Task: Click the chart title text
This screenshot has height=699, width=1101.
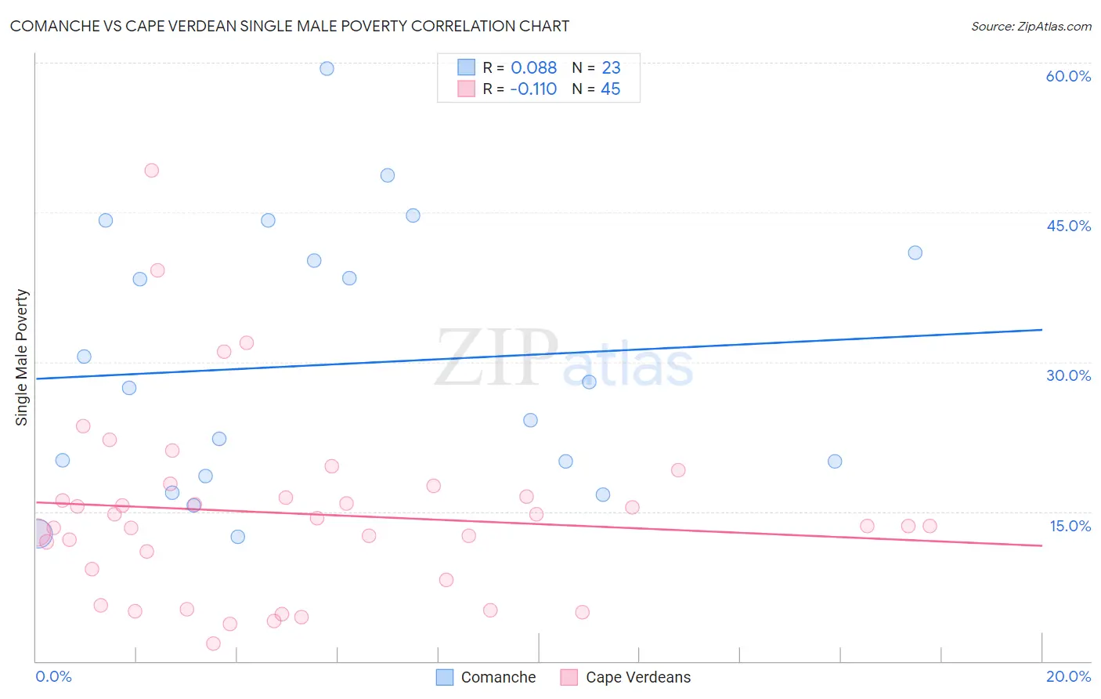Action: pyautogui.click(x=289, y=26)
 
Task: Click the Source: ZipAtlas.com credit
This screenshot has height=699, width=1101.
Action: pyautogui.click(x=1031, y=26)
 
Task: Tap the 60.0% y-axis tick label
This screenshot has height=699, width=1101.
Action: pyautogui.click(x=1067, y=76)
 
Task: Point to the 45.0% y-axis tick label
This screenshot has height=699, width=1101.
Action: pyautogui.click(x=1068, y=226)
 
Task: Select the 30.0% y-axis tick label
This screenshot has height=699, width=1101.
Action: pyautogui.click(x=1068, y=375)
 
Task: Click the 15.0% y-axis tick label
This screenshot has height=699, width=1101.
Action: pyautogui.click(x=1070, y=526)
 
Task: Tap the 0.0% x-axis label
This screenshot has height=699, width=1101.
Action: pyautogui.click(x=53, y=676)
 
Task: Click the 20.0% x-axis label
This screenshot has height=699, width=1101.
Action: pyautogui.click(x=1068, y=676)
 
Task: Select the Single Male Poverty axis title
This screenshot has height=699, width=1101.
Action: pyautogui.click(x=22, y=357)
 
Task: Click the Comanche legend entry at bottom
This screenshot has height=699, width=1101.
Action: pyautogui.click(x=486, y=677)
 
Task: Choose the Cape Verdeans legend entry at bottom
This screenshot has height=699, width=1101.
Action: pyautogui.click(x=626, y=677)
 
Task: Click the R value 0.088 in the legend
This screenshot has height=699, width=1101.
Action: pyautogui.click(x=533, y=68)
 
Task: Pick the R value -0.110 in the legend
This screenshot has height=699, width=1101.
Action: pyautogui.click(x=532, y=89)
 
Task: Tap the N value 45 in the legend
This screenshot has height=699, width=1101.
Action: pyautogui.click(x=610, y=89)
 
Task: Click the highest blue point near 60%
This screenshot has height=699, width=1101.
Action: pyautogui.click(x=327, y=68)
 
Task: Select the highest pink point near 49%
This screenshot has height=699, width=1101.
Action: pyautogui.click(x=152, y=170)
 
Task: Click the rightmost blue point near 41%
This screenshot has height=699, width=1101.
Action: pyautogui.click(x=915, y=252)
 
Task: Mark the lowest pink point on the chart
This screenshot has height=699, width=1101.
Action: pyautogui.click(x=213, y=643)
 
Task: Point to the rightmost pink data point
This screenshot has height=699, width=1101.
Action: pyautogui.click(x=930, y=526)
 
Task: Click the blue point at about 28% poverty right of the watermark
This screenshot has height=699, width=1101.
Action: pyautogui.click(x=589, y=382)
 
